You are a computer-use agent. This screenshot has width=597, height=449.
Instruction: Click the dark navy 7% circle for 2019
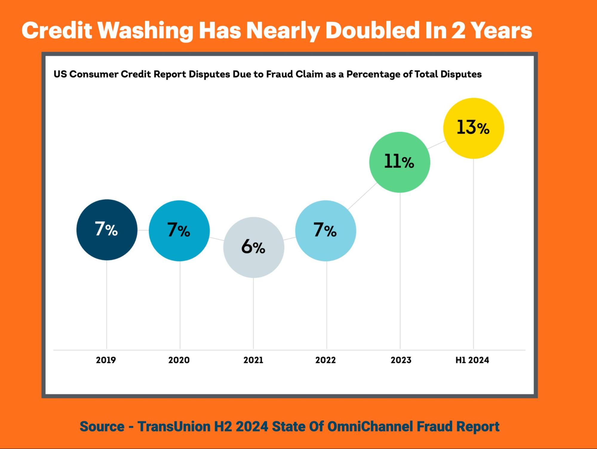(107, 230)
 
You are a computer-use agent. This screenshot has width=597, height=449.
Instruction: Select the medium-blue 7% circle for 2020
(179, 231)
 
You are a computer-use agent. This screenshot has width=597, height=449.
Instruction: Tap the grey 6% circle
(254, 247)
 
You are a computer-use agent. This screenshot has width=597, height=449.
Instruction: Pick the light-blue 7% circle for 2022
(326, 231)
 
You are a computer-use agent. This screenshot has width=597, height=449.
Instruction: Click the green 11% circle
(400, 162)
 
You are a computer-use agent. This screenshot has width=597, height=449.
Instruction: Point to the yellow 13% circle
(473, 128)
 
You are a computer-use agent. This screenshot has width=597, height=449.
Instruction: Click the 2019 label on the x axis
(106, 360)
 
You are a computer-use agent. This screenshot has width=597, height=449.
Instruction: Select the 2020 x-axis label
(179, 360)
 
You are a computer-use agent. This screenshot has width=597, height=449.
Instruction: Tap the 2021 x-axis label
(253, 360)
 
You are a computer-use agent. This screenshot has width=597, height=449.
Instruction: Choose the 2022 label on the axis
(326, 360)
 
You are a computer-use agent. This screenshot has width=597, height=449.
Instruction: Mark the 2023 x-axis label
(401, 360)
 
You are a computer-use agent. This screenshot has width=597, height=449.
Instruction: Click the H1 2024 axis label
(472, 360)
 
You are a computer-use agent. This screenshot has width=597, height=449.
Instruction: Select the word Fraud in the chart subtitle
(280, 74)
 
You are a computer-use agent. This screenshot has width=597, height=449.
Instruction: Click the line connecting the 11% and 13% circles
(436, 145)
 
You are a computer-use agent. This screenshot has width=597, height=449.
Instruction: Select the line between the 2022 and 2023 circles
(362, 196)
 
